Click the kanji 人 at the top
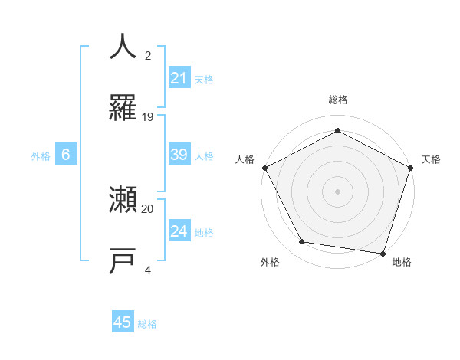[123, 46]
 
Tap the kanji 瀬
[123, 201]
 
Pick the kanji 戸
[123, 261]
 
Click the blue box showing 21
[179, 77]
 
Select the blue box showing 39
[179, 155]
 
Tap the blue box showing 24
[179, 231]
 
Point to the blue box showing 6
[66, 155]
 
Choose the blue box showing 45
[123, 322]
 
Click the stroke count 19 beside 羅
[148, 117]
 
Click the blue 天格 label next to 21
[204, 79]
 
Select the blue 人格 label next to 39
[204, 155]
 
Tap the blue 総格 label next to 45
[147, 324]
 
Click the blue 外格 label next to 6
[41, 155]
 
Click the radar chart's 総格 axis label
[337, 100]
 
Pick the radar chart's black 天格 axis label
[431, 159]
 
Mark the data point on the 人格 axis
[264, 168]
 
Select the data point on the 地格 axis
[383, 253]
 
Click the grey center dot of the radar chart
[337, 191]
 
